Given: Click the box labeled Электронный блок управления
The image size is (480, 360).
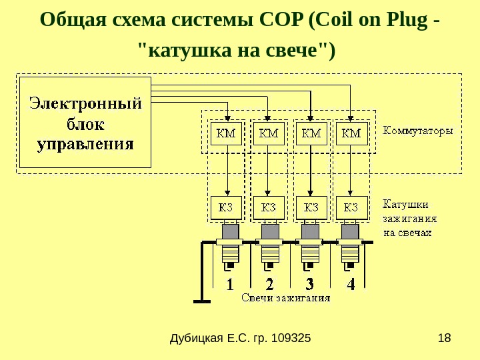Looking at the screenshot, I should click(85, 123).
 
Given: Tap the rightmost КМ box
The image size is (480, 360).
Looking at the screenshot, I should click(351, 133).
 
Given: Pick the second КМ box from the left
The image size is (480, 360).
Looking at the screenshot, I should click(269, 133).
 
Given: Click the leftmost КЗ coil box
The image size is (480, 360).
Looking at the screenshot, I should click(227, 207).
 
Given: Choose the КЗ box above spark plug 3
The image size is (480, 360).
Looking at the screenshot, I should click(311, 207).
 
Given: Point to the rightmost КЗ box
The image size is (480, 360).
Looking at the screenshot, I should click(351, 207).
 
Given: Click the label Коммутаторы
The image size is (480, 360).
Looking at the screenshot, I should click(417, 131).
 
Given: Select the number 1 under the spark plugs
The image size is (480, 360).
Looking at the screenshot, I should click(230, 285).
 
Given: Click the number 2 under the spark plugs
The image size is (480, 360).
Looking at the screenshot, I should click(269, 285).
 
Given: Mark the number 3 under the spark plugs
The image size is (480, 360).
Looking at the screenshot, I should click(309, 285).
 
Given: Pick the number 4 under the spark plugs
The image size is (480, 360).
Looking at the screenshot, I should click(351, 285).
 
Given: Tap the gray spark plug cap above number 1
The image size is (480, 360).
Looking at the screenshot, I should click(229, 231).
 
